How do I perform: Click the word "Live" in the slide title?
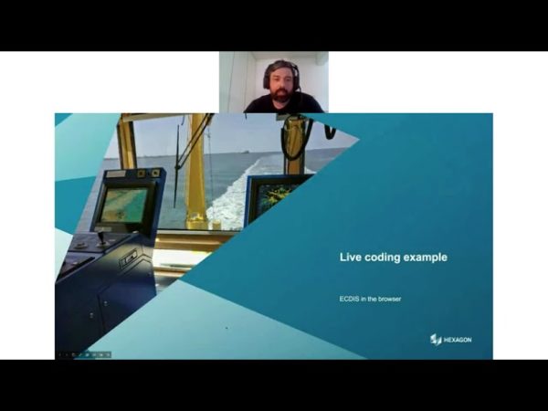pos(351,258)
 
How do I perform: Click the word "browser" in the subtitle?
pos(390,299)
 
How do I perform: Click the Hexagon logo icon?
pos(436,340)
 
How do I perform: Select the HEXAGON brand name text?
pos(458,340)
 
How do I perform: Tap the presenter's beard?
pos(281,95)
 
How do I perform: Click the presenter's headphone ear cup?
pos(267,80)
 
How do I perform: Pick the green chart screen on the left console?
pos(123,205)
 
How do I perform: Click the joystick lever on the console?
pos(101,237)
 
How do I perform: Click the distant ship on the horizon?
pos(246,152)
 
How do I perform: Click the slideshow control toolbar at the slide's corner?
pos(85,354)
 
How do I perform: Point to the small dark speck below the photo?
pos(227,328)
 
